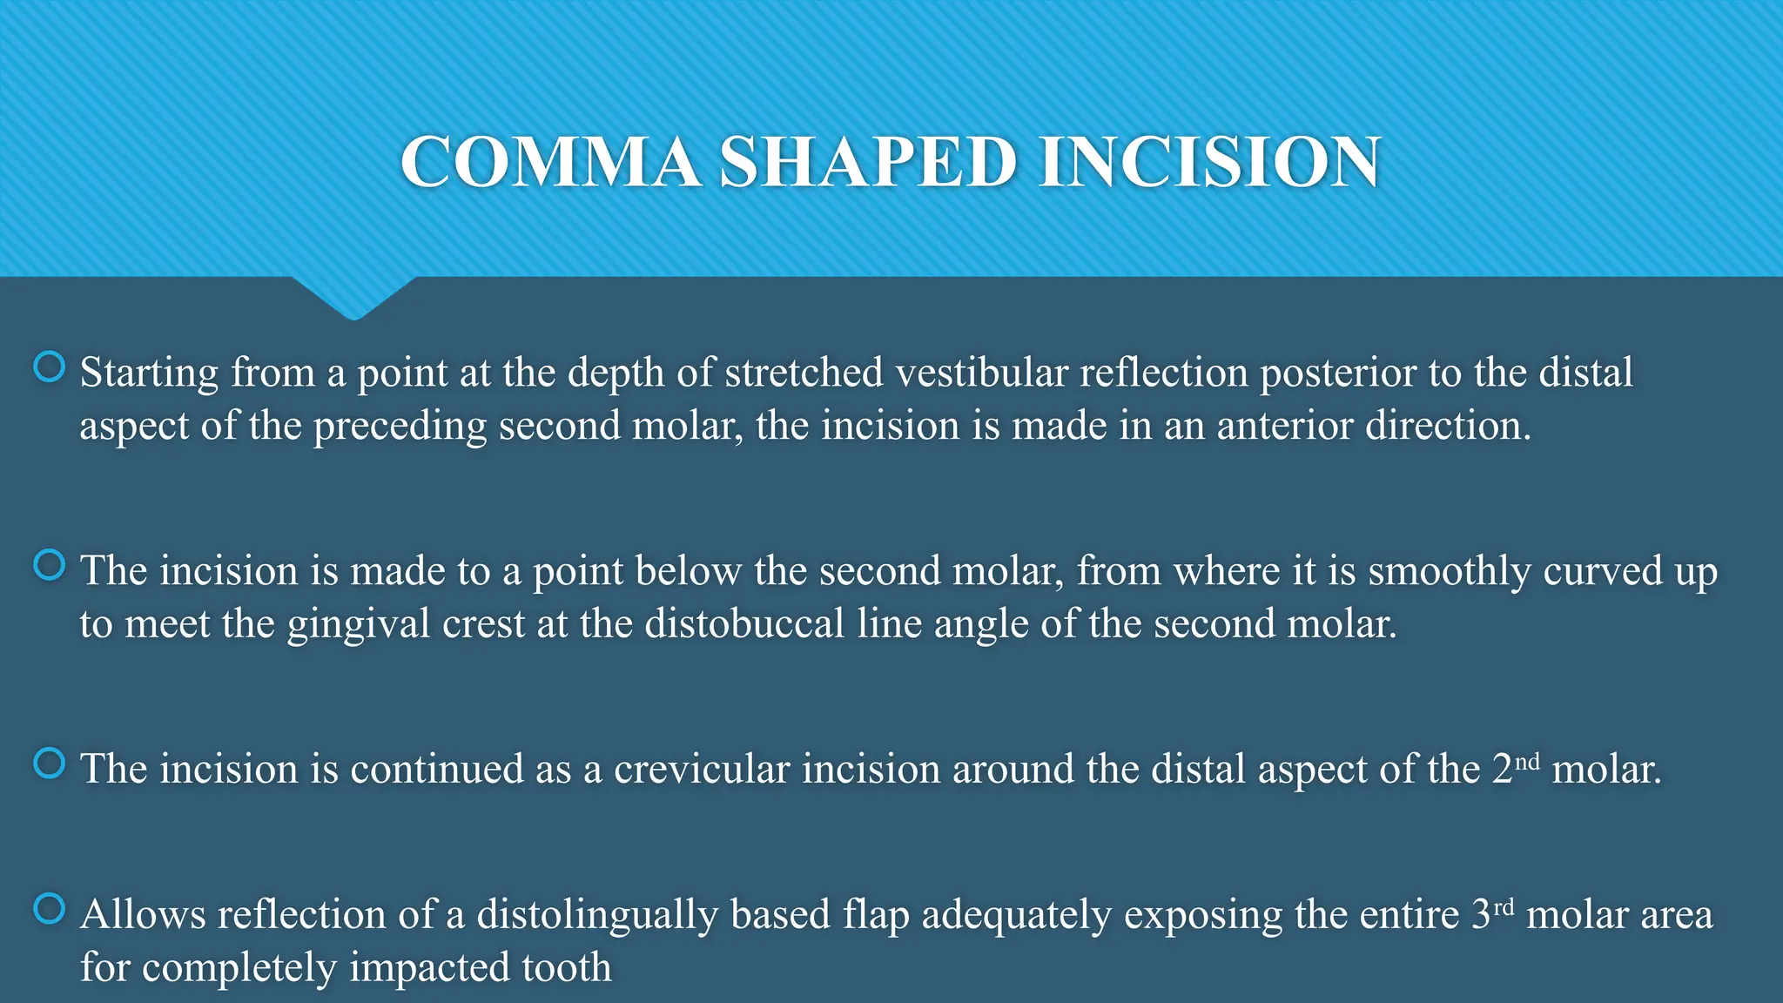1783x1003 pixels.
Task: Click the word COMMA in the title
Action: pos(550,163)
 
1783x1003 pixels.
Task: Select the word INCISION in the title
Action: pos(1209,163)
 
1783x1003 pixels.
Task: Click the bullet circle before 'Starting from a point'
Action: pos(50,367)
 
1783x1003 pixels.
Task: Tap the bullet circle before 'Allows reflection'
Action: pos(50,909)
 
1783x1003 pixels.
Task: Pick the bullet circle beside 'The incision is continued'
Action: pos(50,764)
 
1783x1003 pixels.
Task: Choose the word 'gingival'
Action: pos(359,624)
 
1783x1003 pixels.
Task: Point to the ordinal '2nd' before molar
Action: pos(1515,768)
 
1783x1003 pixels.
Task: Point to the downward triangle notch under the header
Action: pos(353,298)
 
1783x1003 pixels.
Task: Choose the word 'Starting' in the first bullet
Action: pos(149,373)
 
